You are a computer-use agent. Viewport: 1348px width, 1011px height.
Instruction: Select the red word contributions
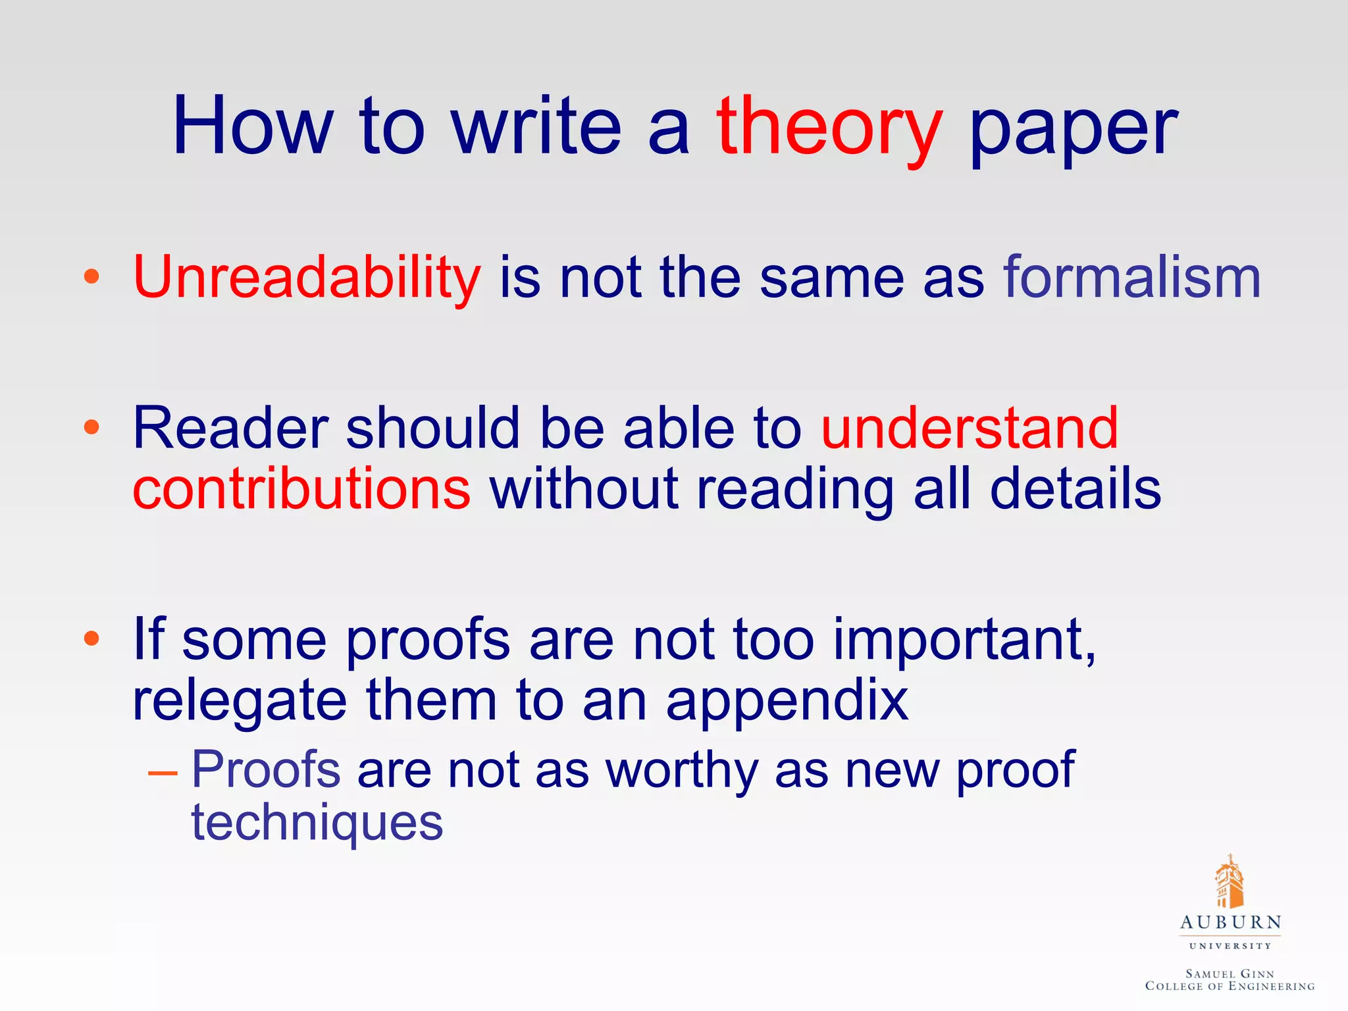tap(301, 489)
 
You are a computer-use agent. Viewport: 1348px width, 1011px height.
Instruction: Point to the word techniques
tap(317, 823)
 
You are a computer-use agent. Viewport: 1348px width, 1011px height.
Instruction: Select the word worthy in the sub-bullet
tap(682, 770)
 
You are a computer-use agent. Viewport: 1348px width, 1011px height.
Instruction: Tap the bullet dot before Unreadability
tap(91, 276)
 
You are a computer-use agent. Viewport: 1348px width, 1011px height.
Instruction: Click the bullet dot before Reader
tap(91, 428)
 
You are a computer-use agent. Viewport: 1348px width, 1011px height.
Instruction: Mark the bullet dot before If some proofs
tap(91, 638)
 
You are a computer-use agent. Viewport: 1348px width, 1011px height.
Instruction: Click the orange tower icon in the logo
tap(1229, 882)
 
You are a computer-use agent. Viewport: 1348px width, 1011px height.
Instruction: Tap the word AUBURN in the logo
tap(1230, 923)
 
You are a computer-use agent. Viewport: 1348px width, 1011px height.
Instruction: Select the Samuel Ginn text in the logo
tap(1230, 973)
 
